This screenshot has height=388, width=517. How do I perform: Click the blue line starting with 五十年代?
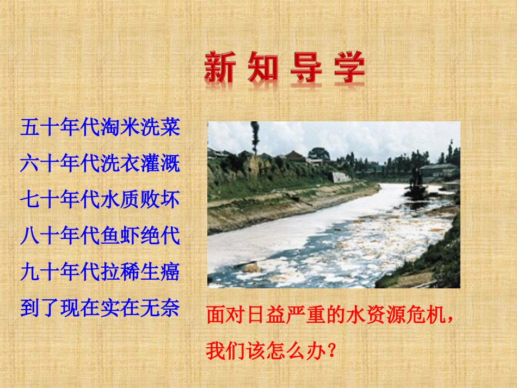click(x=100, y=128)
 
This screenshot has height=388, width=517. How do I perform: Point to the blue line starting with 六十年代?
click(x=100, y=164)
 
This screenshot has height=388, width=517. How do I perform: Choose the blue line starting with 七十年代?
click(x=100, y=200)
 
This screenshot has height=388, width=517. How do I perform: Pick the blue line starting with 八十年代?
click(x=100, y=236)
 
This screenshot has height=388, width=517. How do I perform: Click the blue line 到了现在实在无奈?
click(x=100, y=307)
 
